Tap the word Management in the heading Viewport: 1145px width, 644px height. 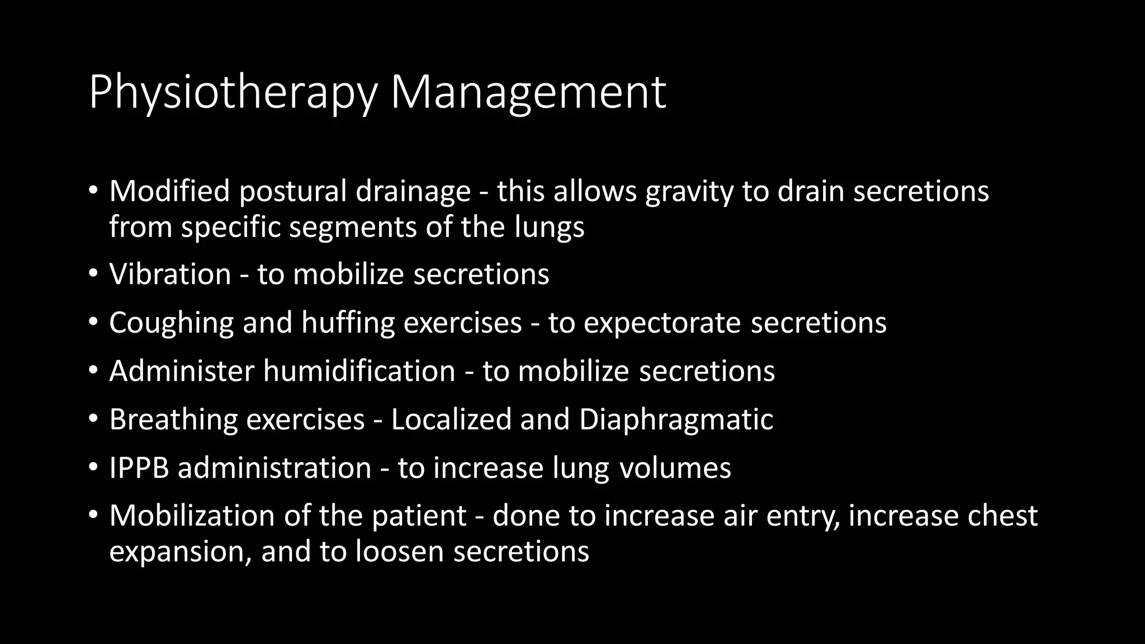[x=528, y=92]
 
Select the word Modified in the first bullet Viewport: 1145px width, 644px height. [x=169, y=191]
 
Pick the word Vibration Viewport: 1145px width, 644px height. [x=170, y=274]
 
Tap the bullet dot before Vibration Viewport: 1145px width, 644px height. [x=93, y=274]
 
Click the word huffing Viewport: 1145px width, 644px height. [x=348, y=323]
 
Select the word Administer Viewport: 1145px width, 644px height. [x=182, y=371]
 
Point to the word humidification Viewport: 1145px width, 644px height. [x=359, y=371]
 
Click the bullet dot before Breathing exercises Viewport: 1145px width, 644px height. [x=93, y=419]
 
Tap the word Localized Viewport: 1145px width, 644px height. [x=451, y=419]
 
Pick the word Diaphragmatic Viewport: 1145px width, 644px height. [x=676, y=419]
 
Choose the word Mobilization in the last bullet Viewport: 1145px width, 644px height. [x=192, y=515]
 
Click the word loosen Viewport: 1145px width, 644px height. [x=400, y=551]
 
